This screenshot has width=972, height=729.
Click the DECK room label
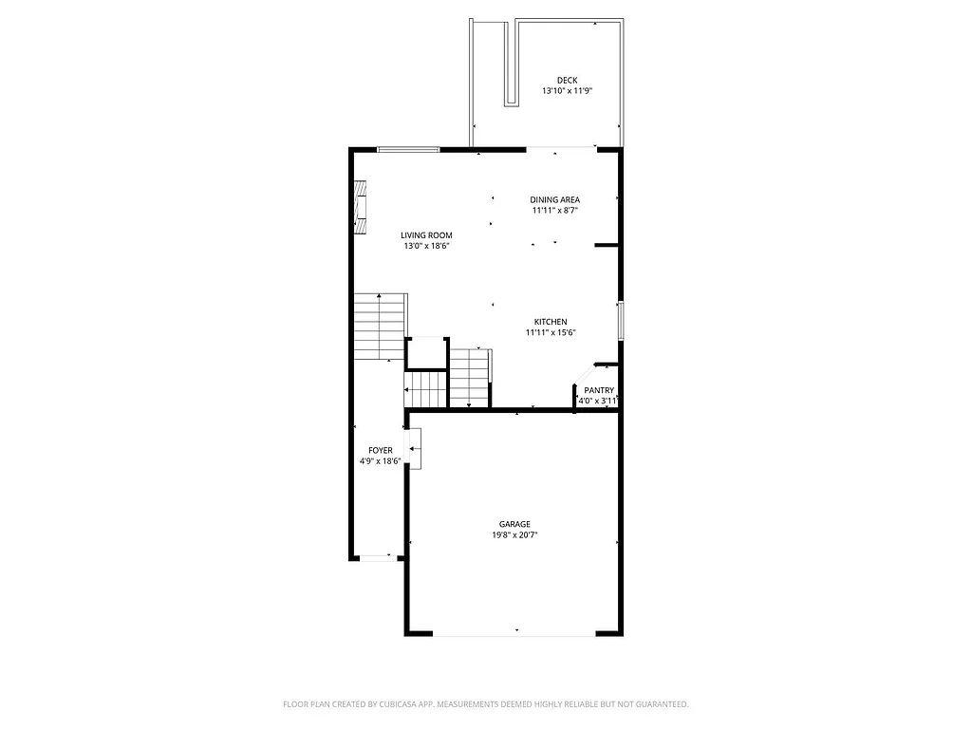567,80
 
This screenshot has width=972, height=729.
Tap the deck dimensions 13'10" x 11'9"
567,91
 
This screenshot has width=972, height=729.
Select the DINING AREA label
554,199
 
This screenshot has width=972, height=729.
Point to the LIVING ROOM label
426,235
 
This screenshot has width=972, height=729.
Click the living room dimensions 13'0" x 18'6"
426,247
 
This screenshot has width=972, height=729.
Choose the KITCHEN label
551,322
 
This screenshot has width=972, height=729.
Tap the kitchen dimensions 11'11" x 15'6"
551,333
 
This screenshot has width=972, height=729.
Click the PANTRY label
599,390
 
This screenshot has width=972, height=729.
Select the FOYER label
381,450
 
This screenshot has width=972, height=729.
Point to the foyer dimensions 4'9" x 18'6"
381,461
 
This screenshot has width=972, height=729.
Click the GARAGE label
514,524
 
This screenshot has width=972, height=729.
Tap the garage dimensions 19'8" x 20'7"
514,535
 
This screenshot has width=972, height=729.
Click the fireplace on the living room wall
360,207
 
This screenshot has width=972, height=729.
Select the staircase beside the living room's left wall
380,327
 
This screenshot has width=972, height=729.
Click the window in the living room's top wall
408,149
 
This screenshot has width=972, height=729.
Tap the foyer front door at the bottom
377,558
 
